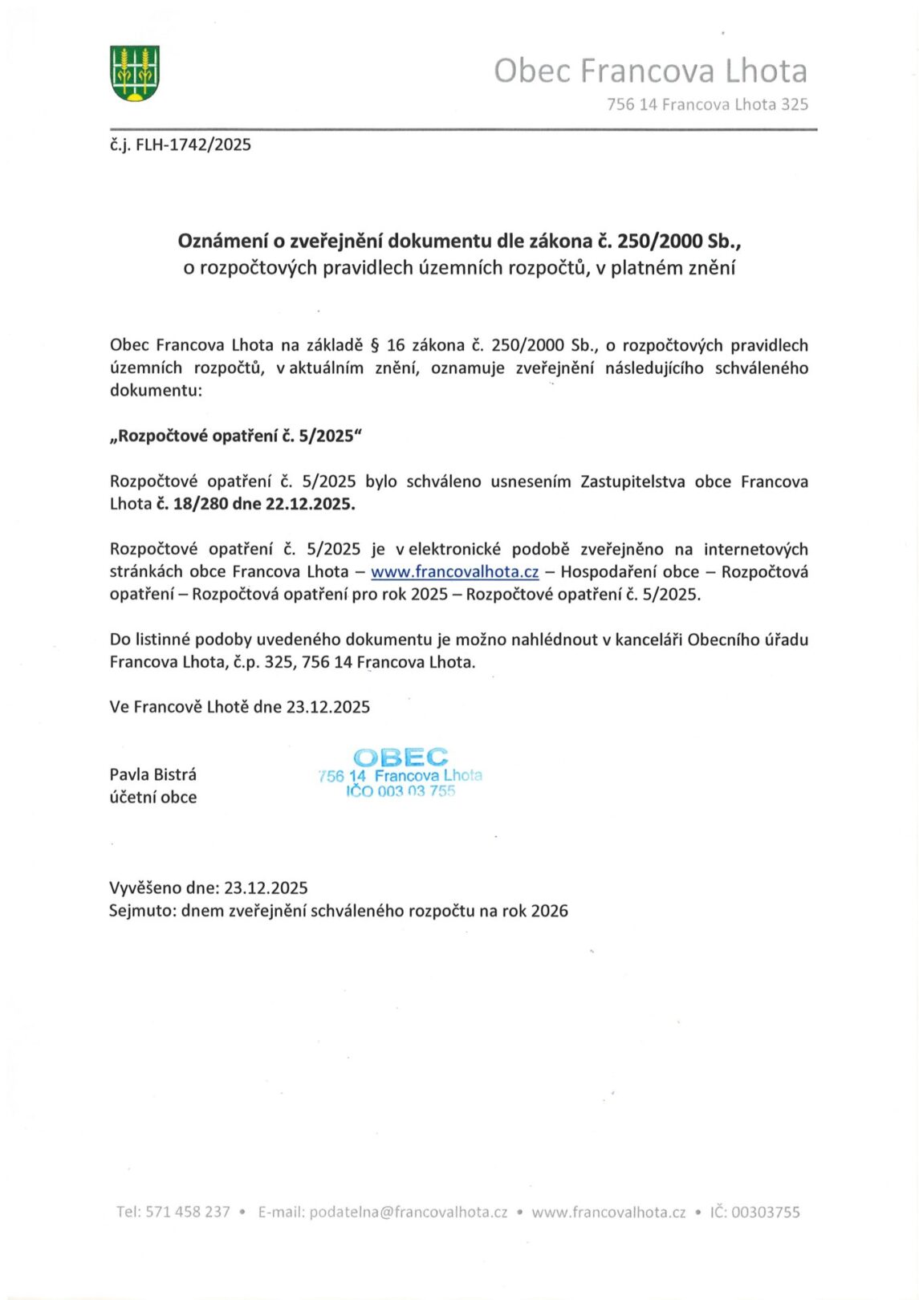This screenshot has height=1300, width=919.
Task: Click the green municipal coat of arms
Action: [x=134, y=74]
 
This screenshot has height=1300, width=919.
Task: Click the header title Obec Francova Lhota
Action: [x=650, y=71]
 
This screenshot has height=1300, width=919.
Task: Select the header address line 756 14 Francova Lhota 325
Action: [x=707, y=104]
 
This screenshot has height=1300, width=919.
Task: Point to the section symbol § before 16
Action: [x=373, y=346]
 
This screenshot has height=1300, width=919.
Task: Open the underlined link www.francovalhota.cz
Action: [x=454, y=572]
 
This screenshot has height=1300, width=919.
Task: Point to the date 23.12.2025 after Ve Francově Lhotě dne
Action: [x=328, y=707]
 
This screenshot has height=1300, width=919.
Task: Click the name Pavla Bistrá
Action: [x=153, y=774]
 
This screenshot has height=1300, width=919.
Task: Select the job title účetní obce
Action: [x=153, y=797]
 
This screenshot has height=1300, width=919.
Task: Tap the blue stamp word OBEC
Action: [x=401, y=757]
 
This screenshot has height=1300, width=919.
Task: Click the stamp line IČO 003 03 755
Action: [x=401, y=791]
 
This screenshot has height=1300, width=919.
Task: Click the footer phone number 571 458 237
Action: [x=188, y=1212]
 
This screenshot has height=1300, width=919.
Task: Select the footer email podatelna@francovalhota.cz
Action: [x=409, y=1212]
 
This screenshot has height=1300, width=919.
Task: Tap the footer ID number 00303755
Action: [x=766, y=1212]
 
